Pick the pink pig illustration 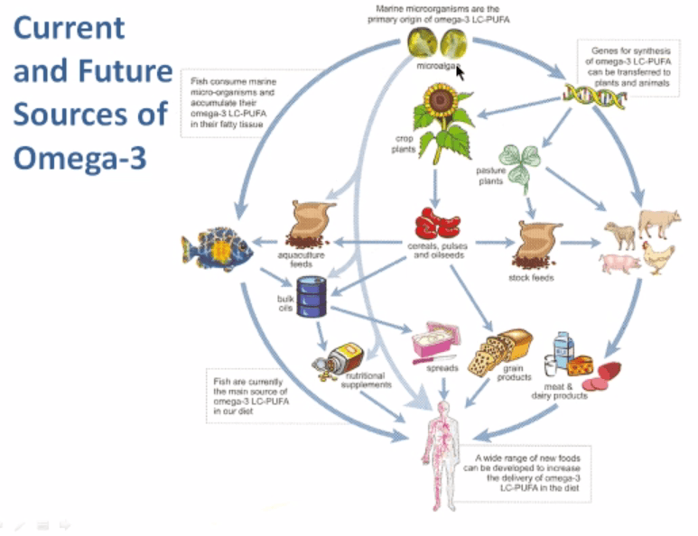(619, 263)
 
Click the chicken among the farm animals (658, 256)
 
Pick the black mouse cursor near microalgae (461, 71)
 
